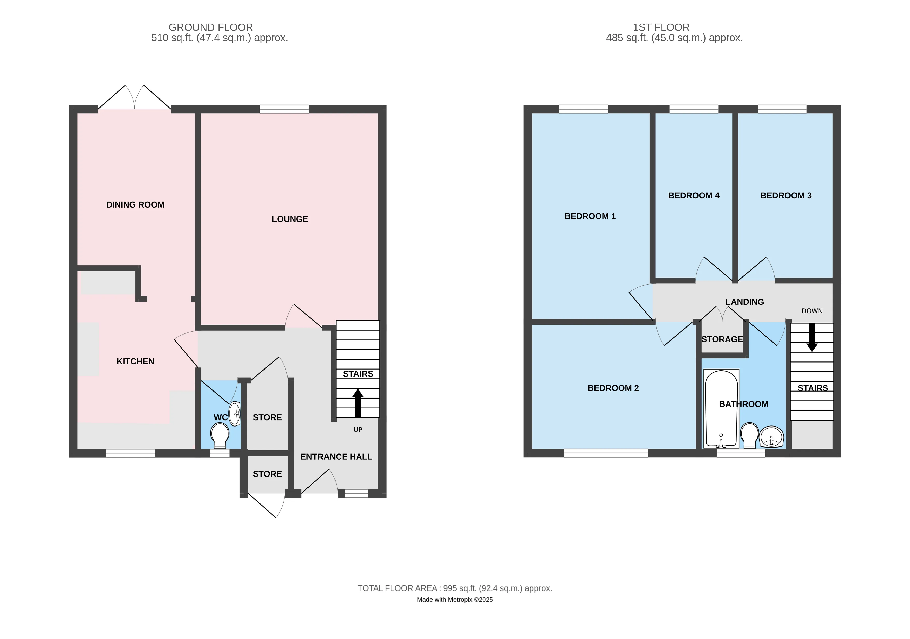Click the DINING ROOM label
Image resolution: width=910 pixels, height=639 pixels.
(135, 205)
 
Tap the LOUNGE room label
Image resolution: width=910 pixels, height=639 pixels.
(290, 219)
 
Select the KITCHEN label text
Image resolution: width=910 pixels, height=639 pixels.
(135, 361)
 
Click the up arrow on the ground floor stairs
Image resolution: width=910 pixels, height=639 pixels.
(358, 403)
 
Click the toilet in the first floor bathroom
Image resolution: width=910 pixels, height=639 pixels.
(749, 435)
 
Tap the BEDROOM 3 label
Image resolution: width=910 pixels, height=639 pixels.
(786, 196)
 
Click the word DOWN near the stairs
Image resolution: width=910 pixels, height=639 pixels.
(812, 311)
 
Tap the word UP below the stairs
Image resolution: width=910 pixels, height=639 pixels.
(358, 430)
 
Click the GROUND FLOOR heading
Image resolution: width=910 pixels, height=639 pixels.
(211, 27)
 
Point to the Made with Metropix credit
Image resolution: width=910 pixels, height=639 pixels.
(455, 600)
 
